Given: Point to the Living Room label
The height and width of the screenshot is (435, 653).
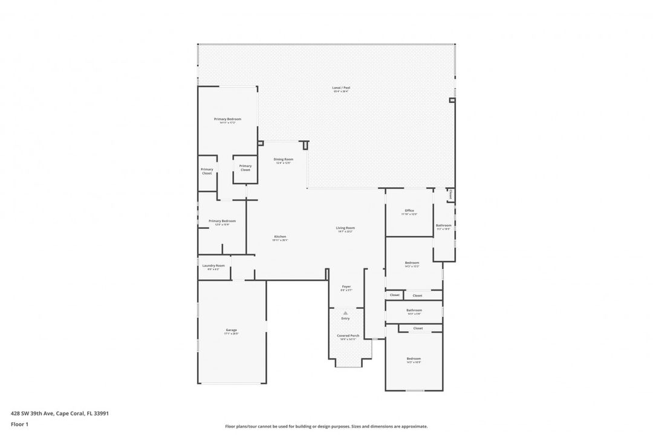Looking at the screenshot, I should click(345, 229).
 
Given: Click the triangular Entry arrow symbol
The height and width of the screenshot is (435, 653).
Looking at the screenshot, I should click(345, 313).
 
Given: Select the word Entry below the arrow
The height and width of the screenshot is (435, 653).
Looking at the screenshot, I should click(345, 318).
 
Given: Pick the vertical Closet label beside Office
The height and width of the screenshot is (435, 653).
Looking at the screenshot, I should click(450, 195).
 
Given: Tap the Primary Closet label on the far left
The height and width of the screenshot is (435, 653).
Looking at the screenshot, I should click(207, 172).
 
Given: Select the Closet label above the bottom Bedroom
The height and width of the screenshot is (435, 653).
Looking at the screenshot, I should click(418, 328).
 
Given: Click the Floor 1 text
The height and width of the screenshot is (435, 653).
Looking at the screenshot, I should click(19, 424).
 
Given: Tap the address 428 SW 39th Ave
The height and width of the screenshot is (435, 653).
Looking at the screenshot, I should click(59, 414).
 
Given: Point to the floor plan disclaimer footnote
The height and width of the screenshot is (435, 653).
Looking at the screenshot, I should click(326, 426).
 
